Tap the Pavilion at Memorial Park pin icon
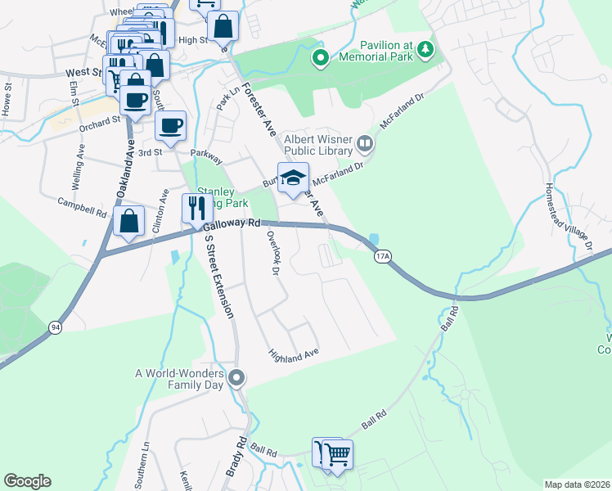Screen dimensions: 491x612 coord(321,58)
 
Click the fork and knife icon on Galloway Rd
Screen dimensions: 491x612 coord(196,209)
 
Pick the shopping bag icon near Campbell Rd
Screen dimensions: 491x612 coord(128,220)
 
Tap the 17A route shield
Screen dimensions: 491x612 coord(382,257)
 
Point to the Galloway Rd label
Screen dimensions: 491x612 coord(232,225)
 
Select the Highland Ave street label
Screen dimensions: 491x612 coord(293,354)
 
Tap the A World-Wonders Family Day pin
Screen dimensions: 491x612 coord(237,377)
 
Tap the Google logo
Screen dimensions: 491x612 coord(28,481)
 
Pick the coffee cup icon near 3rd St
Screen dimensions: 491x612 coord(170,127)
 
